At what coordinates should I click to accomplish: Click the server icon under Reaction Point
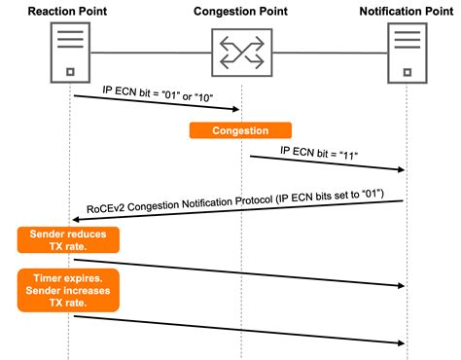pos(68,53)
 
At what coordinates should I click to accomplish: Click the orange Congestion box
pos(240,128)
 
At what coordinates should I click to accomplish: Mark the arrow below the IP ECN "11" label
pos(326,162)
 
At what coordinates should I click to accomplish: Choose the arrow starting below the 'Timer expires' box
pos(238,328)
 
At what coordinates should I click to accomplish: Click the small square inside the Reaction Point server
pos(68,72)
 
